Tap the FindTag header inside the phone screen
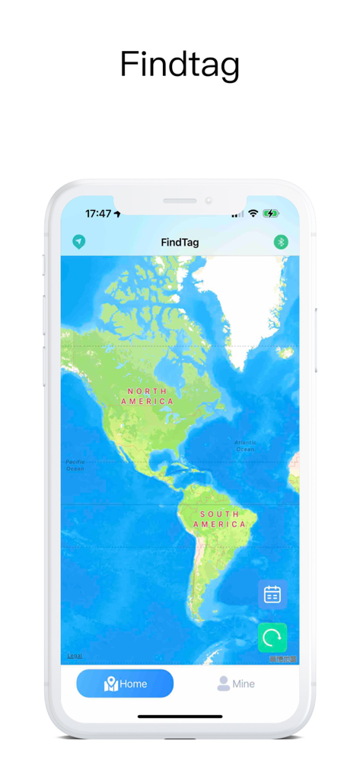(180, 243)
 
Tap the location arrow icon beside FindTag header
(78, 242)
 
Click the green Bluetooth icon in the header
(281, 242)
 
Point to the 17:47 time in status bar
(98, 214)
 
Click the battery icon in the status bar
(271, 214)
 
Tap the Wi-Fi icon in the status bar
(253, 214)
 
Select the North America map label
(146, 396)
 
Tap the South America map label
(219, 520)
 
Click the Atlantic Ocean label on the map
(245, 446)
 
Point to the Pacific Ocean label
(75, 465)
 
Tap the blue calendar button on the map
(272, 595)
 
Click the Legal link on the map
(75, 656)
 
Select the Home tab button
(125, 684)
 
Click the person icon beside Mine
(223, 684)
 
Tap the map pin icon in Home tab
(110, 684)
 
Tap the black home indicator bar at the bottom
(180, 716)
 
